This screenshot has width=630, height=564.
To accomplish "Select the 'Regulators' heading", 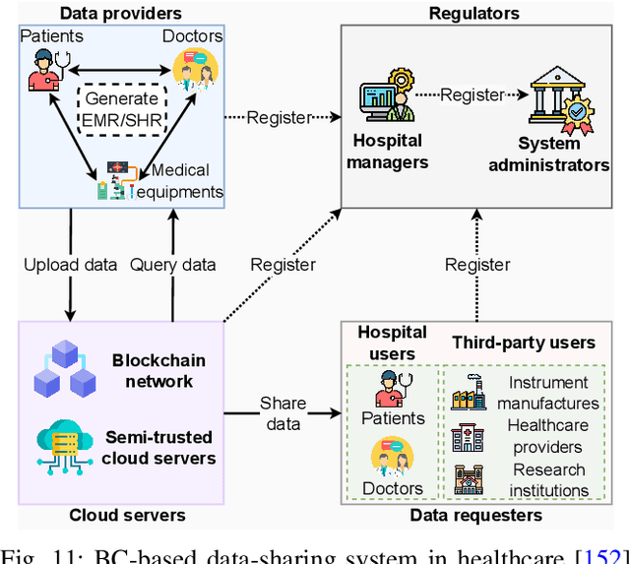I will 474,14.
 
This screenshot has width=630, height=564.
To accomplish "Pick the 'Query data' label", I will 174,264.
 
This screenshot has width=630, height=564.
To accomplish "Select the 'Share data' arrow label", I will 283,413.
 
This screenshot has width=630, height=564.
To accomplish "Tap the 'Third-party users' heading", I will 524,343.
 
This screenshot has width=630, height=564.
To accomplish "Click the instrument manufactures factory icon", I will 469,393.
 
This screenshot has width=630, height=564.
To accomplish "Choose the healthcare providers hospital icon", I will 469,436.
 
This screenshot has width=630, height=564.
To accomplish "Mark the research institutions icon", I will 469,480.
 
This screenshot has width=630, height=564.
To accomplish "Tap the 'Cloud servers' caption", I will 127,515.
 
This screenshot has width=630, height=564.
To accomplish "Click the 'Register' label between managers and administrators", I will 472,95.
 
